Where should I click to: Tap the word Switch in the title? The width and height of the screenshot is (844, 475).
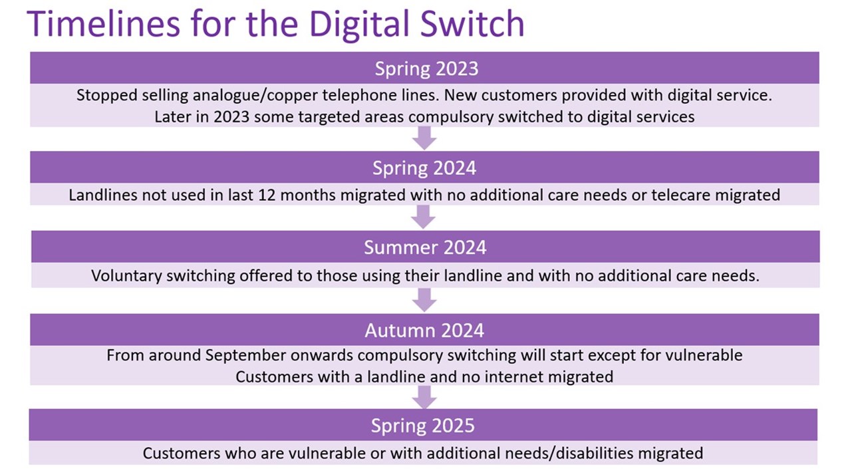[472, 23]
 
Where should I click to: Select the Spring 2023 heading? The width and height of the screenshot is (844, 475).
[426, 69]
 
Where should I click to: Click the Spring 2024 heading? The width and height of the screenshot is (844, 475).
[424, 168]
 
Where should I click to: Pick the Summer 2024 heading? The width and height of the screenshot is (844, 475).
[425, 247]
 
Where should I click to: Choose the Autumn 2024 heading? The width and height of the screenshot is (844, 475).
[424, 331]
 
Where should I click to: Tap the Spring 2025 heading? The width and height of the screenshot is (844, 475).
[423, 426]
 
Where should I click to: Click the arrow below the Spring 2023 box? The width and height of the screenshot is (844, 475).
[424, 138]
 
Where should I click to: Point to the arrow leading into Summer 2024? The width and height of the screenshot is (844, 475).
[423, 217]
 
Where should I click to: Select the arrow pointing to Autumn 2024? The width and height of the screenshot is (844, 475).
[424, 300]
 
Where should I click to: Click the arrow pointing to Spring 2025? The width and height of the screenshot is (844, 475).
[424, 397]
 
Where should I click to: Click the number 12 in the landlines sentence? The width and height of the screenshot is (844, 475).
[267, 196]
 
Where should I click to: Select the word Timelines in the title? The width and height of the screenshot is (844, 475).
[103, 23]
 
